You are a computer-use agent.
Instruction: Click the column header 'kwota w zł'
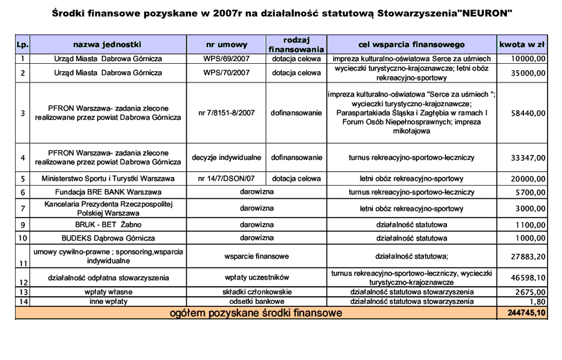(x=522, y=44)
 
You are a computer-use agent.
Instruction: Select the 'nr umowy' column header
(x=227, y=45)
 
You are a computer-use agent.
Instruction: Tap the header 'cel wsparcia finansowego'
(x=411, y=45)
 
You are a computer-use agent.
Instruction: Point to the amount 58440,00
(x=528, y=114)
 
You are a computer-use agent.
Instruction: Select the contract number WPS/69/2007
(x=227, y=59)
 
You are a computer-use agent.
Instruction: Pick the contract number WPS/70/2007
(x=227, y=73)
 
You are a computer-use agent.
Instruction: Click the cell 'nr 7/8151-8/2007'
(x=227, y=113)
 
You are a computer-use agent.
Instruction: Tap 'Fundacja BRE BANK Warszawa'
(x=108, y=192)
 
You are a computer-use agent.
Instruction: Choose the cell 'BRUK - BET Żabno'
(x=108, y=224)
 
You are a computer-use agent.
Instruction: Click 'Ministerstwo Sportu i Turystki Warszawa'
(x=108, y=179)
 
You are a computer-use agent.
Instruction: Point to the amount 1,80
(x=538, y=302)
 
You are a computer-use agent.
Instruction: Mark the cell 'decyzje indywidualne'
(x=227, y=157)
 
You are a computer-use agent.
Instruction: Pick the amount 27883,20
(x=528, y=257)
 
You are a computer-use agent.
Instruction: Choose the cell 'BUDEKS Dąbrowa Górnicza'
(x=108, y=238)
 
